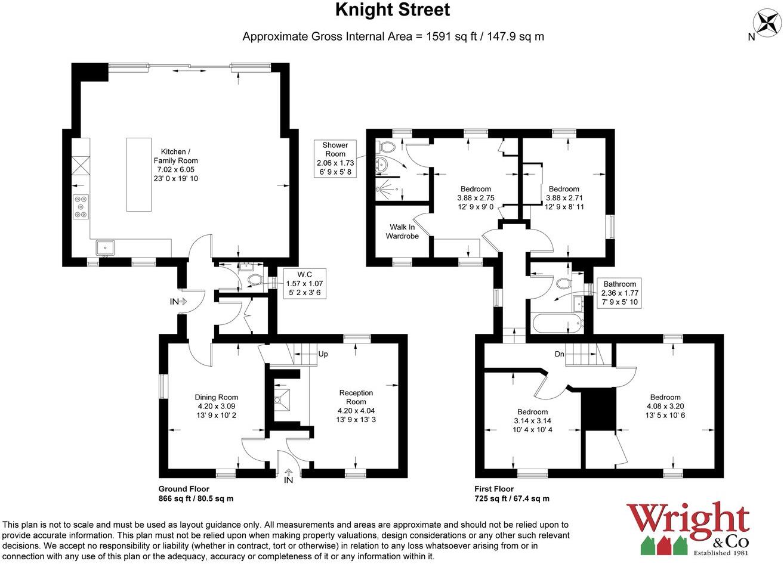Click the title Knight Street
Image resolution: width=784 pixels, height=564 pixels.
[392, 10]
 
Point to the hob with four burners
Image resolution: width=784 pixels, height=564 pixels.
[81, 207]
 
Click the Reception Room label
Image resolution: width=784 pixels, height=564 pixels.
[356, 406]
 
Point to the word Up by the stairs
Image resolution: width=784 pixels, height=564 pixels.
[323, 354]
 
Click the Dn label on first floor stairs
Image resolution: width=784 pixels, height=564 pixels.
[559, 354]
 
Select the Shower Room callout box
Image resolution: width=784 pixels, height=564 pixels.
[335, 159]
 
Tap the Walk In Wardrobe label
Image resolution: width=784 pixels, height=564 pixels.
[402, 231]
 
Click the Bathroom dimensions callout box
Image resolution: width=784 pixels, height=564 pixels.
[619, 293]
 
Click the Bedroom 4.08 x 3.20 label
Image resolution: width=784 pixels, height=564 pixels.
[665, 406]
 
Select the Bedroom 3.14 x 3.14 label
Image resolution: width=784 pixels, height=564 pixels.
[532, 420]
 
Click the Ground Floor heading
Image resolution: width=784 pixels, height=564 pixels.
[184, 489]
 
